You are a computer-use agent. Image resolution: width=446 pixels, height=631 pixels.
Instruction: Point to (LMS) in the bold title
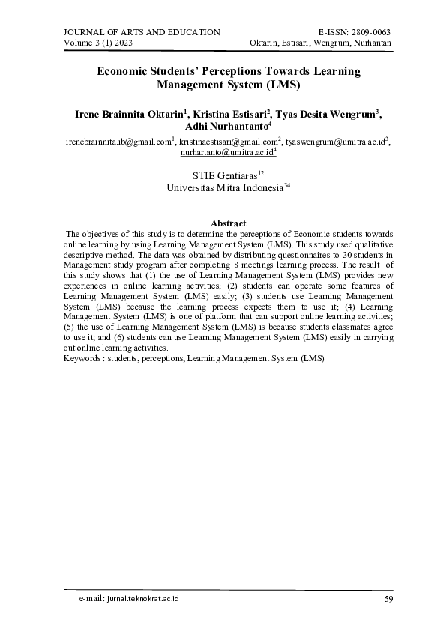tap(285, 85)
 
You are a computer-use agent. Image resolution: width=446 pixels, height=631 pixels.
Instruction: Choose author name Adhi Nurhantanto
tap(220, 128)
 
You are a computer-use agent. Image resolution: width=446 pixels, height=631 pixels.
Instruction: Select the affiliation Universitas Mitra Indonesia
tap(223, 189)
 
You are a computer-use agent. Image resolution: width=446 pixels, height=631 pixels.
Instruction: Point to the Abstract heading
tap(229, 223)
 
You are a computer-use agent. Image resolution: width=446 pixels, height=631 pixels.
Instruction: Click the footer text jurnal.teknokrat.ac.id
tap(142, 600)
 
